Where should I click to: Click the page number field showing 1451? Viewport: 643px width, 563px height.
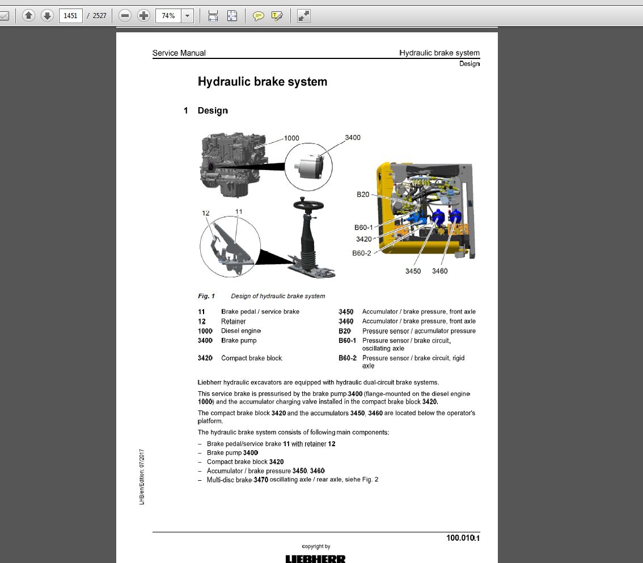(x=70, y=16)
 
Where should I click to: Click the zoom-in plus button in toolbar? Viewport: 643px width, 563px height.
(x=144, y=16)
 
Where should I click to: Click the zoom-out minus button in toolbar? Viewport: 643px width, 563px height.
(x=125, y=16)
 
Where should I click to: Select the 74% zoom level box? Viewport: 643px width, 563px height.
(x=168, y=16)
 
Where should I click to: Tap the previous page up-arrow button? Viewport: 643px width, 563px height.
(x=29, y=16)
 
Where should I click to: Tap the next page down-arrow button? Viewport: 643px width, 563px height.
(x=48, y=16)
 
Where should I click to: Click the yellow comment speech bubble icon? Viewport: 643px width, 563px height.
(x=259, y=16)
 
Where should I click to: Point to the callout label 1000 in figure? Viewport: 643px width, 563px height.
(x=291, y=138)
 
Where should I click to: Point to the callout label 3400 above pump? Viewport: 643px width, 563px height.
(x=353, y=138)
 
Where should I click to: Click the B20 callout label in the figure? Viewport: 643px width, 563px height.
(x=363, y=194)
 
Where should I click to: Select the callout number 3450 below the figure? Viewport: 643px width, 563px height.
(x=413, y=271)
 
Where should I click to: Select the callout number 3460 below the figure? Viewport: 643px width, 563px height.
(x=439, y=271)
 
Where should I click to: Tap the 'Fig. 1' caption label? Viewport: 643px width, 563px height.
(x=206, y=296)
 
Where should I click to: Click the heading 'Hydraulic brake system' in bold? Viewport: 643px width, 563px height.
(x=263, y=82)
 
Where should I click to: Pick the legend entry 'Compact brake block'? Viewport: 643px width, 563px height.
(x=251, y=358)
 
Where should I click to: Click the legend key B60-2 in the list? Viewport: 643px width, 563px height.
(x=348, y=358)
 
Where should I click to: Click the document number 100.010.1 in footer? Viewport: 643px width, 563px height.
(x=463, y=537)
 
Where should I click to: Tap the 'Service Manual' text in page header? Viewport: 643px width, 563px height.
(x=179, y=53)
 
